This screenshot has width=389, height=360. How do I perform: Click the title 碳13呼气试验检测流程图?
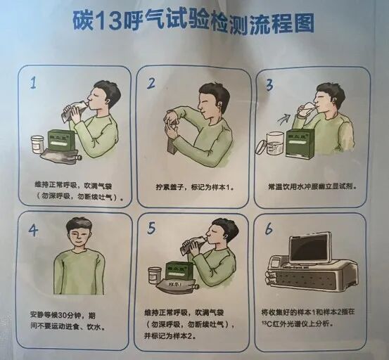(x=193, y=22)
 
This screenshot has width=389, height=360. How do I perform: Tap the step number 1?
(x=33, y=84)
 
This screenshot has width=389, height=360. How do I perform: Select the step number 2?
(x=151, y=84)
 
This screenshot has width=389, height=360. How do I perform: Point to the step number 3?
(x=268, y=85)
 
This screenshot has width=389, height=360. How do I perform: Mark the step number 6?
(x=268, y=229)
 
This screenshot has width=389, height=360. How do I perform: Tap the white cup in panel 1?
(x=37, y=143)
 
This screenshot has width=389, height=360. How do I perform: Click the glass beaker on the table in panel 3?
(x=273, y=143)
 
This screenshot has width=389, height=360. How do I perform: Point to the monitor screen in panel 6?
(x=309, y=248)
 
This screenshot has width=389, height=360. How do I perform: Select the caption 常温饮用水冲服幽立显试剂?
(x=310, y=188)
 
